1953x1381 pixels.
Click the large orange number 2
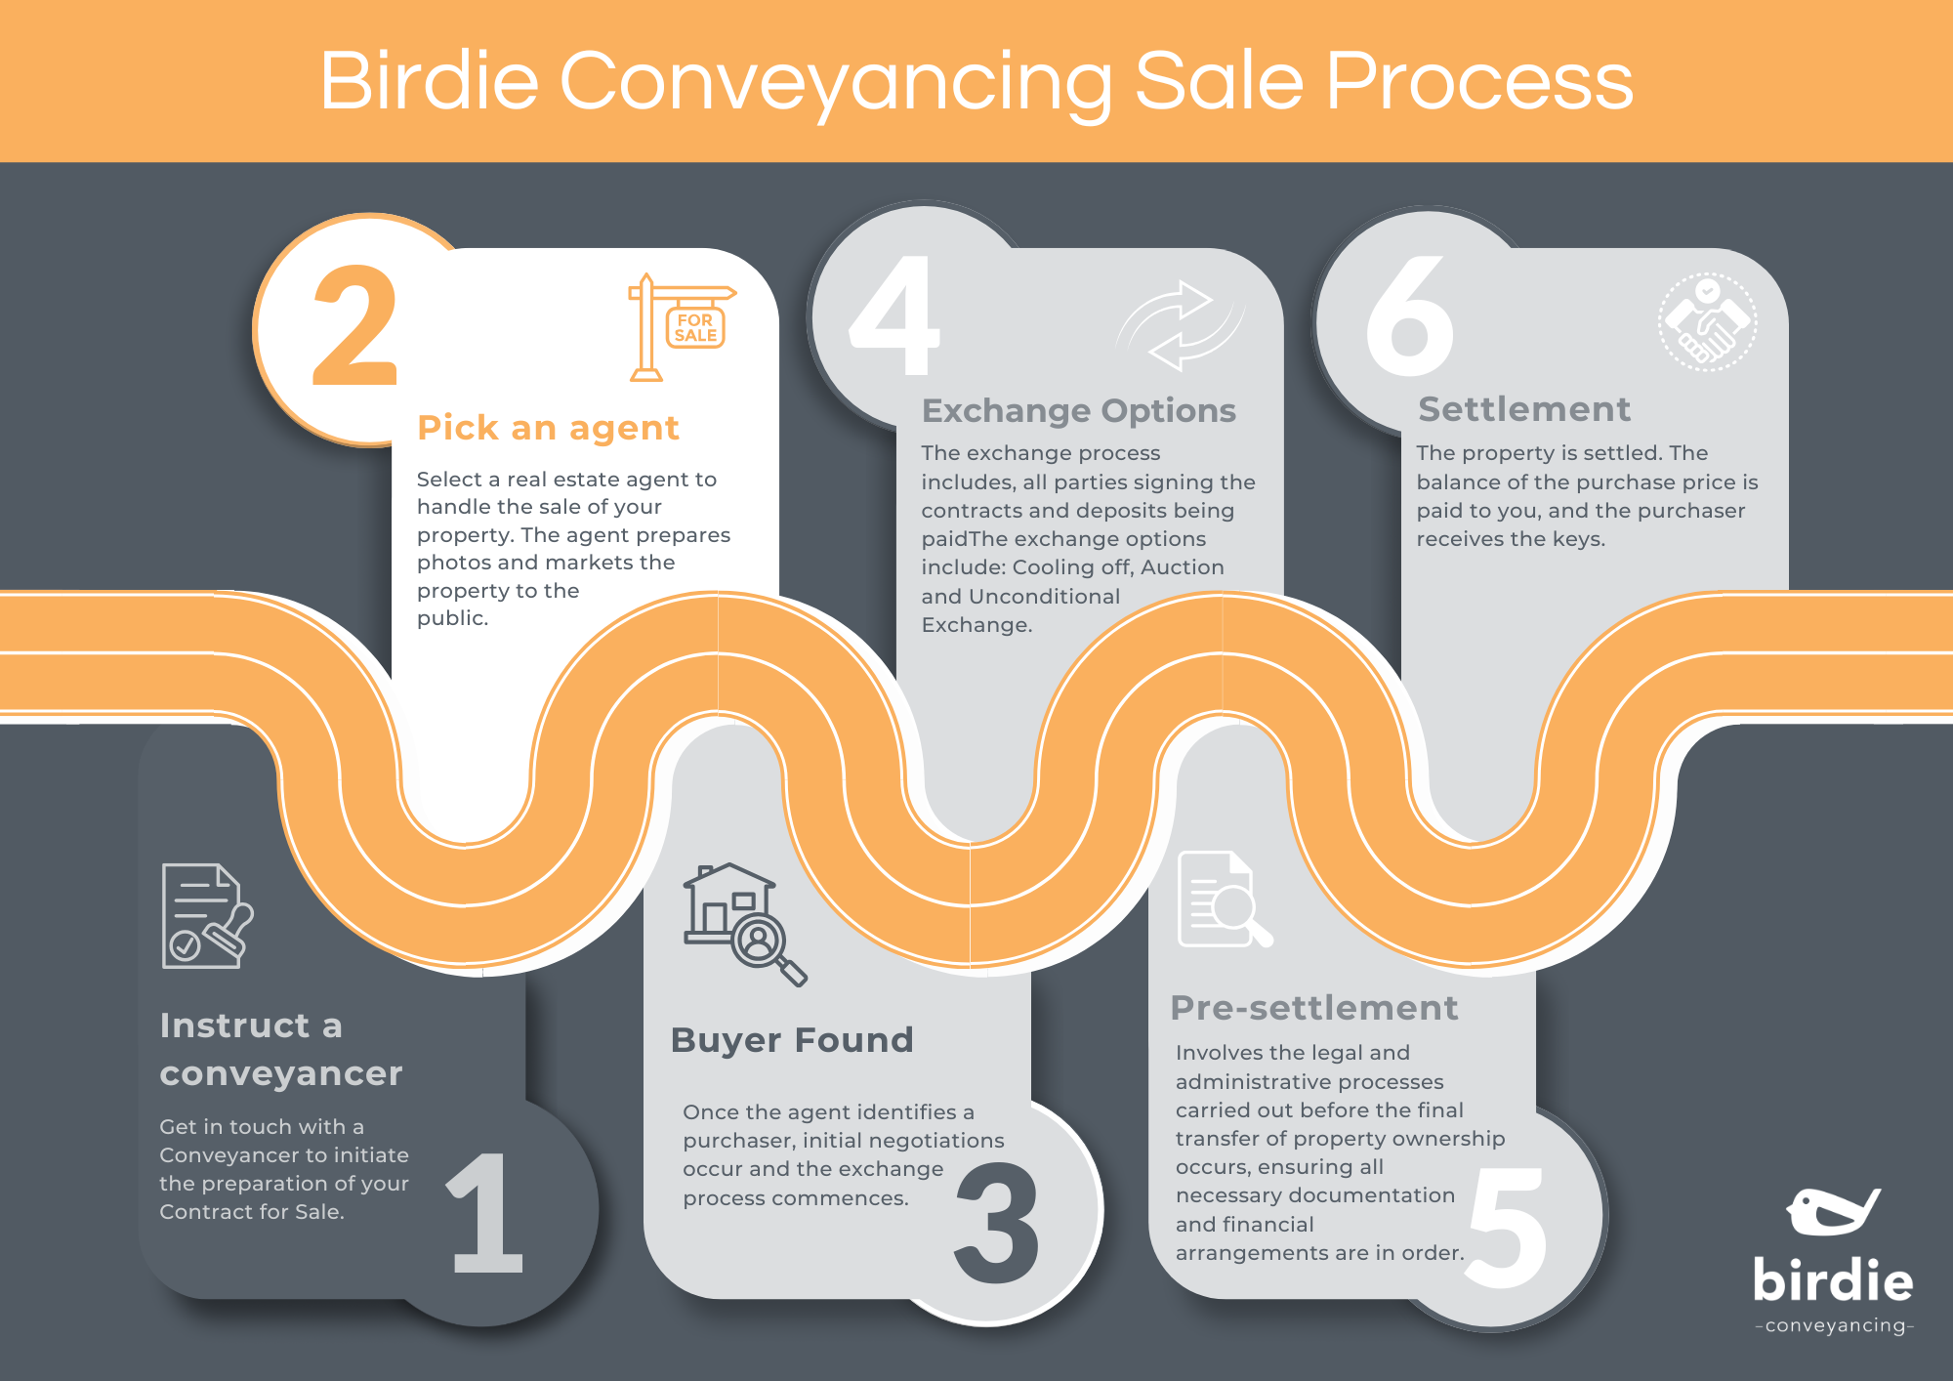point(355,327)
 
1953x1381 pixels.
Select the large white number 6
point(1409,316)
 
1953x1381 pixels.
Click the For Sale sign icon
point(681,327)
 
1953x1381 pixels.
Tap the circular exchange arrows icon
point(1180,326)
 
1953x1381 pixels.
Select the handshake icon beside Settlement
point(1707,321)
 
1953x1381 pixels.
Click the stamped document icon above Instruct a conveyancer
point(206,916)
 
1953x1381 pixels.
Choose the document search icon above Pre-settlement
point(1224,900)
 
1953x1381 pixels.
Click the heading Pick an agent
point(548,428)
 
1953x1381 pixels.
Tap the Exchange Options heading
point(1078,411)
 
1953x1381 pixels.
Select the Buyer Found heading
point(792,1040)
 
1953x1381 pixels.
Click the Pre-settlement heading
point(1313,1008)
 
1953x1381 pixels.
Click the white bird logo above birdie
point(1832,1212)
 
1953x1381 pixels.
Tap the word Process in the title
point(1478,81)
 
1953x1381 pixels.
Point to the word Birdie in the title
point(429,81)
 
